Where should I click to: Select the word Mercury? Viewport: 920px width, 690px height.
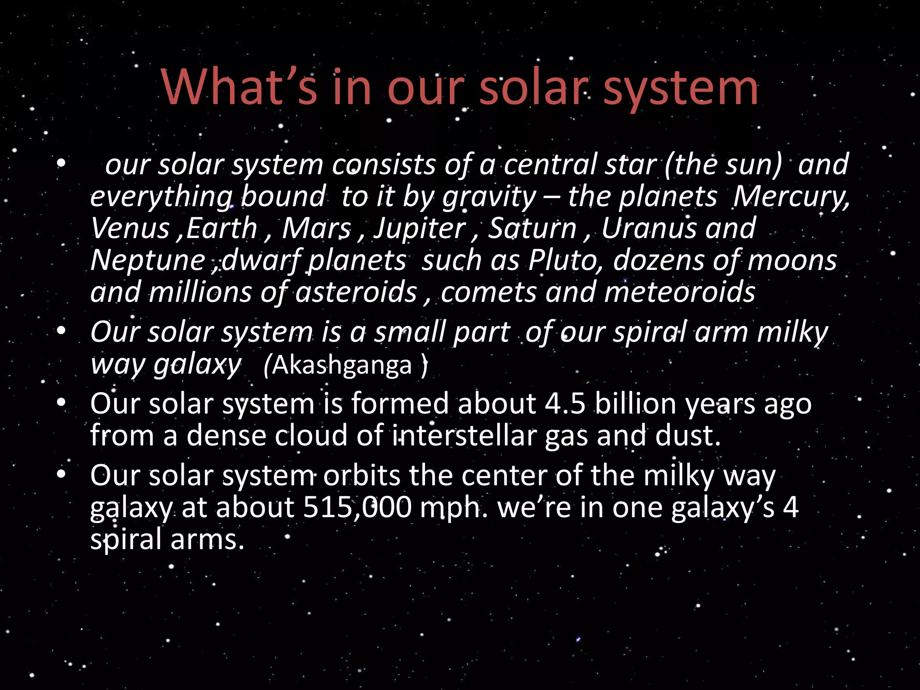click(792, 197)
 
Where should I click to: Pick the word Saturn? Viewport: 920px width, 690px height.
click(532, 228)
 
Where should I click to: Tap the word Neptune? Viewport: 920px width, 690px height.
click(147, 261)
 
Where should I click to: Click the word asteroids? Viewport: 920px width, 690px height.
click(356, 292)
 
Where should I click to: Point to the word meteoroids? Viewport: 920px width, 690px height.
click(680, 292)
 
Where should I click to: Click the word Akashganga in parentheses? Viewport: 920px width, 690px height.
click(342, 365)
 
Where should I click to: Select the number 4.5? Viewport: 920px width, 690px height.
click(565, 403)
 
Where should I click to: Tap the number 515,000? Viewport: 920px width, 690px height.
click(357, 508)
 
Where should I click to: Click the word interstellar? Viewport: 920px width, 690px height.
click(464, 435)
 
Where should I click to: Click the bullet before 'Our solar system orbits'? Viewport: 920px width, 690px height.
click(62, 475)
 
